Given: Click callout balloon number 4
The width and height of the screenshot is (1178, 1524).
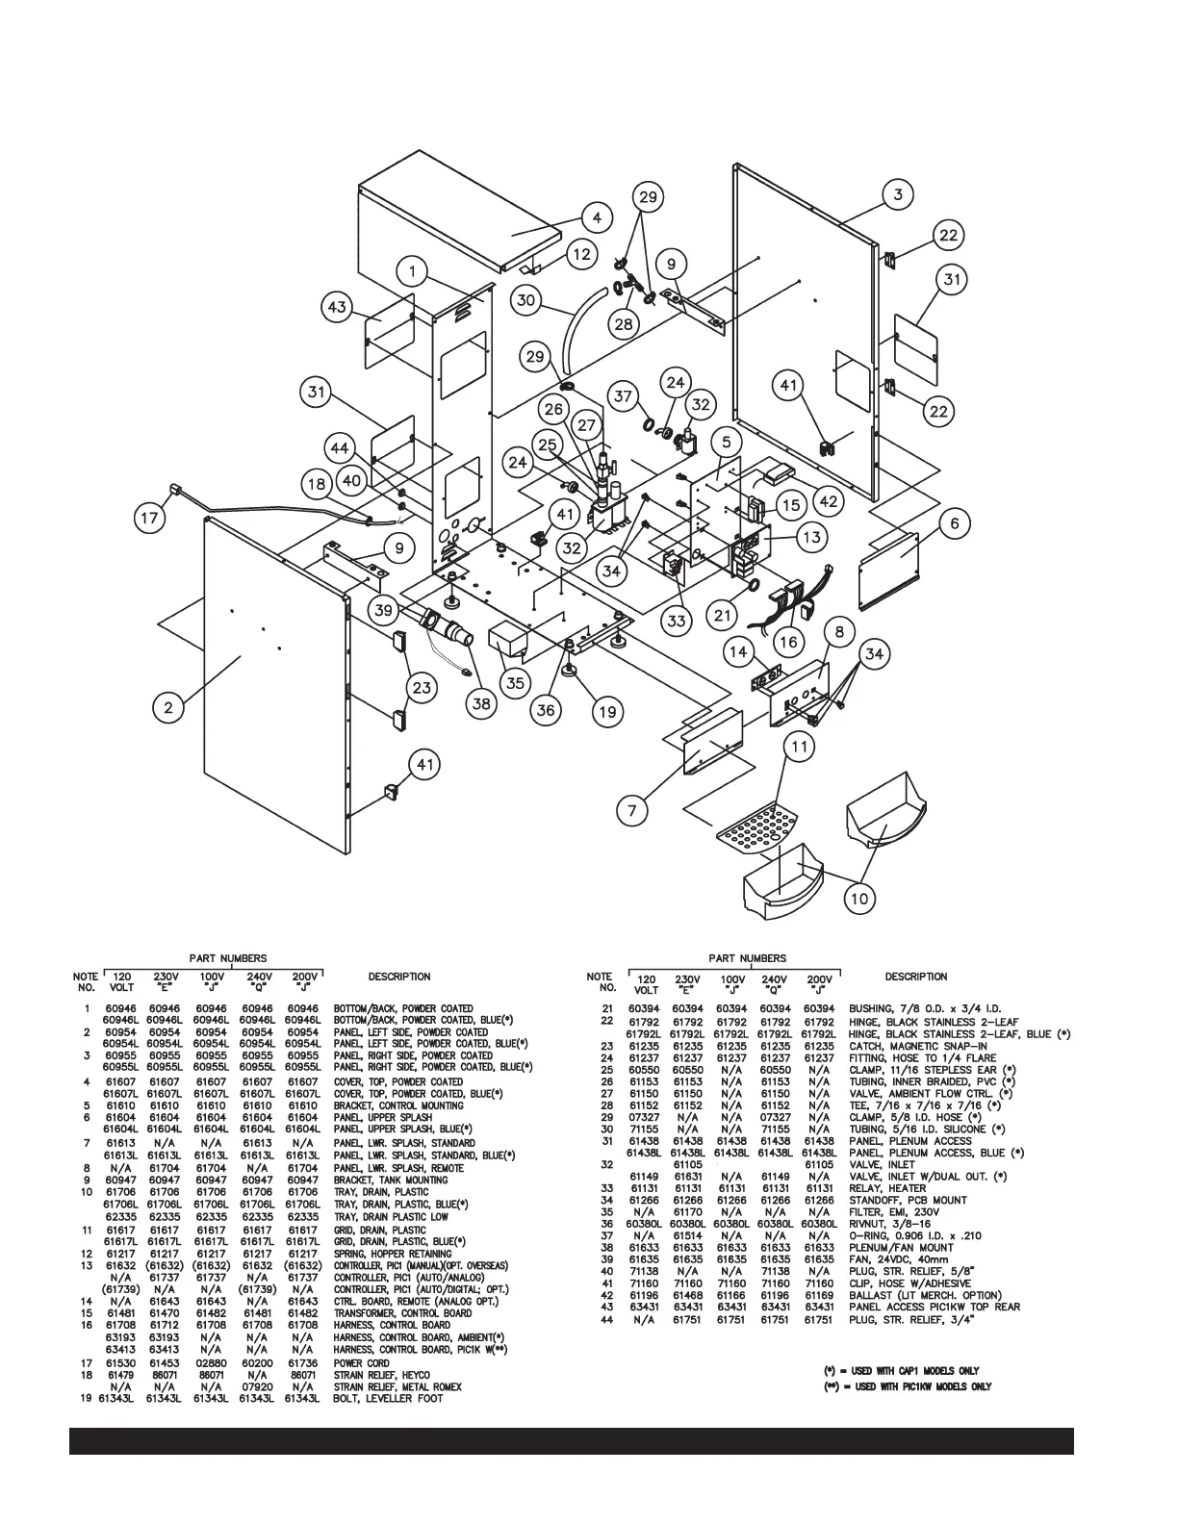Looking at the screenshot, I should click(x=597, y=218).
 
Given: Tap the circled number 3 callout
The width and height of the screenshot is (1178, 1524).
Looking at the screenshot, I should click(x=897, y=195).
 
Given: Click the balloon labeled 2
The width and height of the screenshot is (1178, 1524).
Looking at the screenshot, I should click(x=168, y=708).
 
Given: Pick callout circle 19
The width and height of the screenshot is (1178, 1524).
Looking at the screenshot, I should click(x=607, y=712).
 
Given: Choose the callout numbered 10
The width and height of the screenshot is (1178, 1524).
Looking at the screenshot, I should click(x=859, y=899).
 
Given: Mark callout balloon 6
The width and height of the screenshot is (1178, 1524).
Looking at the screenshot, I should click(x=954, y=523).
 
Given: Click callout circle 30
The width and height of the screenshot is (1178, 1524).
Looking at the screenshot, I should click(x=525, y=300).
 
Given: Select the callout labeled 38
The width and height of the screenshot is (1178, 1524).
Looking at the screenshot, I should click(x=481, y=706).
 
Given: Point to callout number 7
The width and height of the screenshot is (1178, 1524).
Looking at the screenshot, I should click(x=631, y=811).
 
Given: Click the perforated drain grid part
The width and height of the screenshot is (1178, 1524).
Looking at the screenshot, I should click(x=758, y=830).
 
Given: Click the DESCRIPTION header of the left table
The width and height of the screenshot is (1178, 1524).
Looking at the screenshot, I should click(x=399, y=977).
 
